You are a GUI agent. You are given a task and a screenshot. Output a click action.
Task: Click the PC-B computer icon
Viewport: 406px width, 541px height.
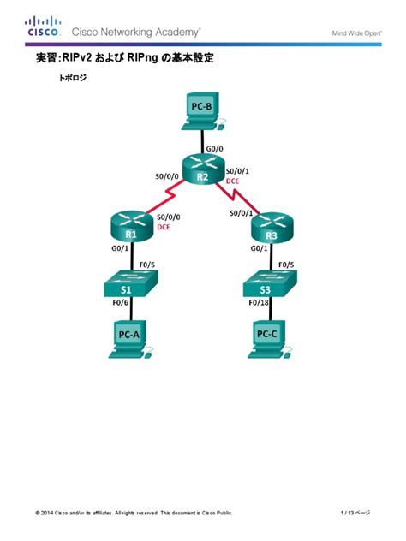click(201, 112)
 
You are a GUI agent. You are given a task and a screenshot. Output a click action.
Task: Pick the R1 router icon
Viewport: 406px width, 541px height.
click(129, 227)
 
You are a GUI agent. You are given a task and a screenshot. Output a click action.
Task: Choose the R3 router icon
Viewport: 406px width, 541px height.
click(272, 227)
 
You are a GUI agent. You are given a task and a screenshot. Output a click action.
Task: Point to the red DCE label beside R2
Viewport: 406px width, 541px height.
click(232, 181)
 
